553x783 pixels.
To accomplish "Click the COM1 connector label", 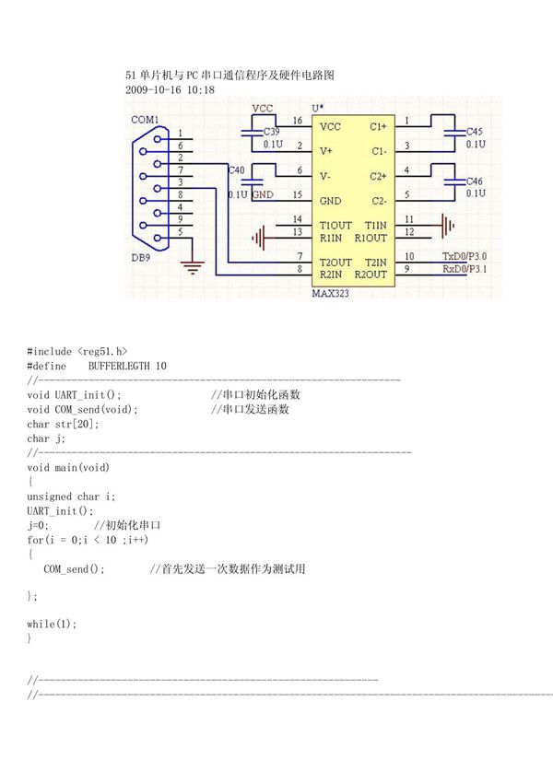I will click(144, 120).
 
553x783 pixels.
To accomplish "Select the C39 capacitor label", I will click(273, 133).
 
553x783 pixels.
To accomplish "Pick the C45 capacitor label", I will click(475, 132).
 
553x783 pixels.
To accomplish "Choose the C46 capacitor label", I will click(475, 181).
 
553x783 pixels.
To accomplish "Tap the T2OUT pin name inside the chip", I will click(335, 263).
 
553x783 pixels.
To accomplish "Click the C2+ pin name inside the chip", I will click(379, 176).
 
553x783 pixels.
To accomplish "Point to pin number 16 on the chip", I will click(297, 121).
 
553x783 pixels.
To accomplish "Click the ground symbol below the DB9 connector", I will click(193, 268).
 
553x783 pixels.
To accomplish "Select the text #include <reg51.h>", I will click(76, 351).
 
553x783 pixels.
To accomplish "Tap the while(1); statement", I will click(52, 624).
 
